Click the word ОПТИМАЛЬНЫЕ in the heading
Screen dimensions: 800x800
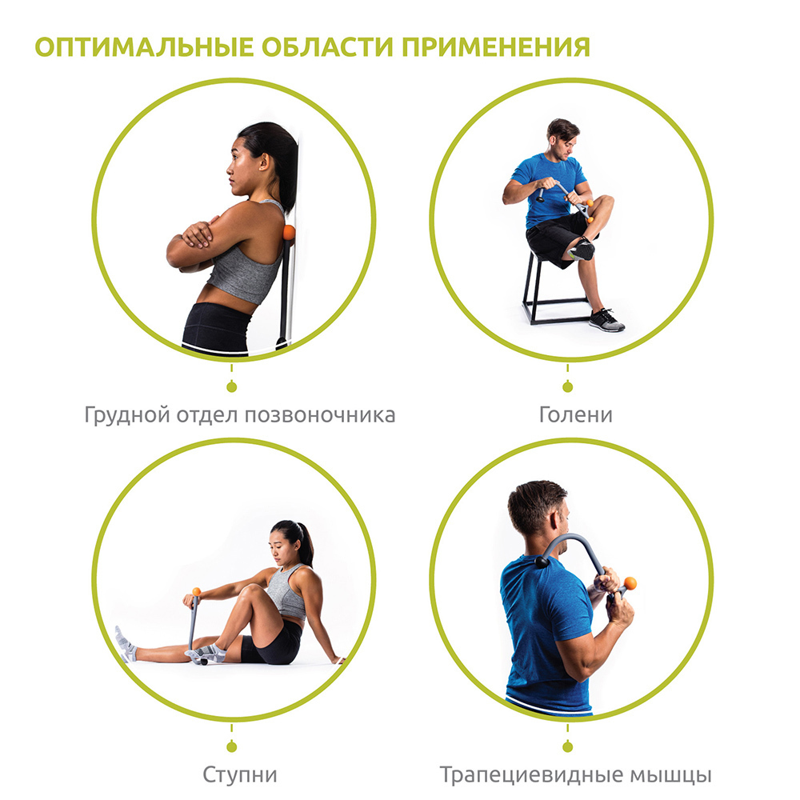point(144,47)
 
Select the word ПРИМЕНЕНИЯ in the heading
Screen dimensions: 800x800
point(496,47)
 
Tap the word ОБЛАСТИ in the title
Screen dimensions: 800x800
point(328,47)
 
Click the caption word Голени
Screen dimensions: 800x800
point(575,414)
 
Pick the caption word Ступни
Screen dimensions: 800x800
point(240,775)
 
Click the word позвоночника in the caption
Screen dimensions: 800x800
point(320,414)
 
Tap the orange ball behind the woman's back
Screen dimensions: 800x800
point(290,233)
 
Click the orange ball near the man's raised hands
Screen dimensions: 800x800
point(630,583)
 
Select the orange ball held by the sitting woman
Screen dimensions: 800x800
point(197,592)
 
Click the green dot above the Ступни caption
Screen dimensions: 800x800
point(232,747)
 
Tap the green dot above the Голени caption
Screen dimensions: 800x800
point(567,388)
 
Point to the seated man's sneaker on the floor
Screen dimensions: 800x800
point(606,320)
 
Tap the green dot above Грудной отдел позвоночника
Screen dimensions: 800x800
point(232,388)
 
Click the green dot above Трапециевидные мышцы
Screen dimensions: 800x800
point(567,747)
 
